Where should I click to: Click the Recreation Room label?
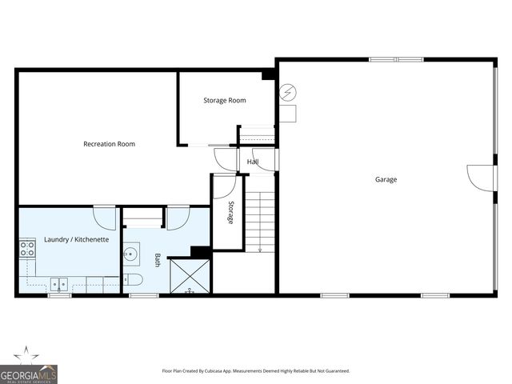point(109,144)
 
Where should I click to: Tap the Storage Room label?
point(224,100)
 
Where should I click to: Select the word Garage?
point(386,179)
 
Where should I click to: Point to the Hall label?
point(253,162)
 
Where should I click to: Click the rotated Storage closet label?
point(230,212)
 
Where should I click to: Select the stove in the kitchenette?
point(27,248)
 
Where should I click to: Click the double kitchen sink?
point(58,283)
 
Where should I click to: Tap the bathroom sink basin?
point(131,254)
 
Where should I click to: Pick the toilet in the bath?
point(133,279)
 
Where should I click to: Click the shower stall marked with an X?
point(190,277)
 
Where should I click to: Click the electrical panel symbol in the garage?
point(286,93)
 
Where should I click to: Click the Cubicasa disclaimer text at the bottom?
point(256,371)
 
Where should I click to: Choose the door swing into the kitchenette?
point(105,217)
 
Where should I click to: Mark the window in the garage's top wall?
point(396,58)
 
